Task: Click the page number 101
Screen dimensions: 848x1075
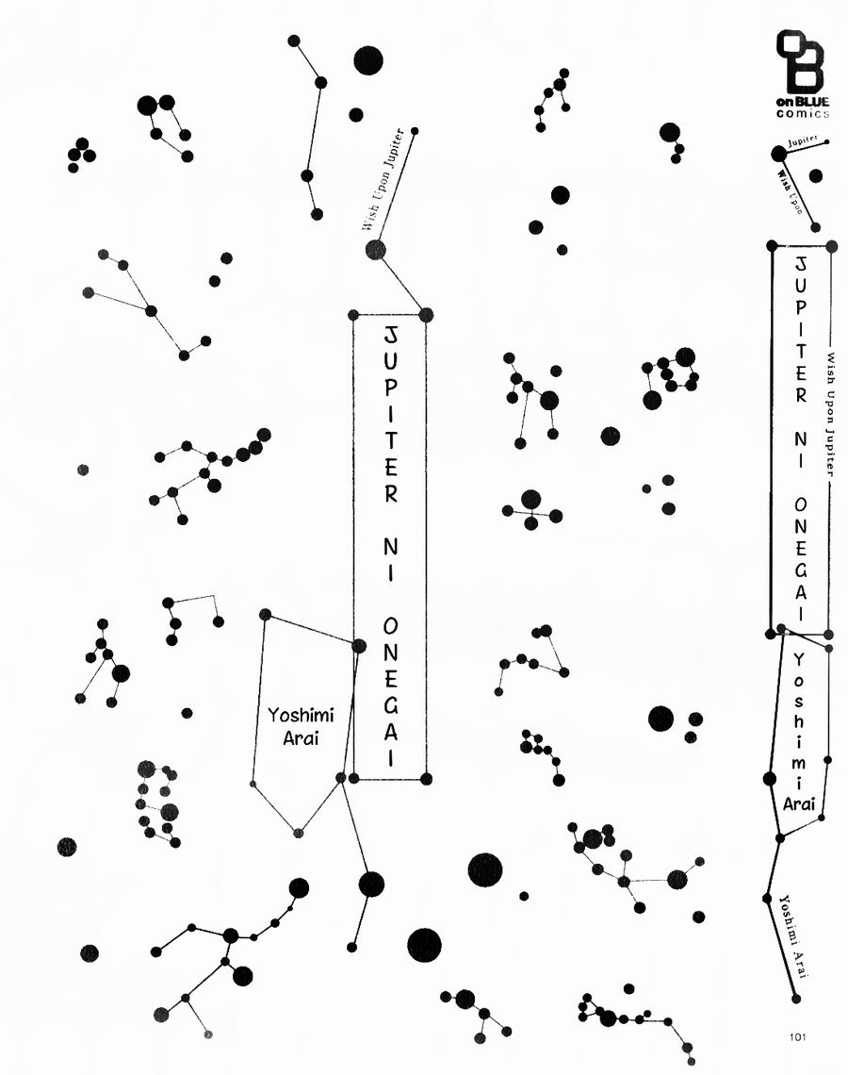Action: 797,1036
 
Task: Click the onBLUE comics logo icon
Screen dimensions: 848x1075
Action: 799,61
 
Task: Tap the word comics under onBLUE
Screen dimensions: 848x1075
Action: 803,114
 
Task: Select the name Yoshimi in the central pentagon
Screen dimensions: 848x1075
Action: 301,717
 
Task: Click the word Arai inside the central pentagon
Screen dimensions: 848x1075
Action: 301,739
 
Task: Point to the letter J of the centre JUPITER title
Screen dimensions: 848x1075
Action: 390,336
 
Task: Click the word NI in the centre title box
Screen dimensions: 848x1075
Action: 390,559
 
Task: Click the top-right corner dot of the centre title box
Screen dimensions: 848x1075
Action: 426,315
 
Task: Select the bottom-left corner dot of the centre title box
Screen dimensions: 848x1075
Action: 353,778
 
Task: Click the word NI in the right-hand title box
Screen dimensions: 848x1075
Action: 800,449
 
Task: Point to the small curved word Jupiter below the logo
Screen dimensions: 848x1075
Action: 802,141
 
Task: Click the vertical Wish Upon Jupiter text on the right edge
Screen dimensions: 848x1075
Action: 830,414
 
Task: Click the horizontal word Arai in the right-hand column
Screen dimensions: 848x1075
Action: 799,803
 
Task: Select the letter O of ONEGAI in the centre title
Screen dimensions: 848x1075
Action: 390,626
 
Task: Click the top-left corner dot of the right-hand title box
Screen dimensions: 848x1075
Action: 772,245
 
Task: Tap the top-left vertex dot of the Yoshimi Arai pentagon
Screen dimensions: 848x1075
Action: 266,614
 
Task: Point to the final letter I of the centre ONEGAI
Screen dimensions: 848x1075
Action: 391,757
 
